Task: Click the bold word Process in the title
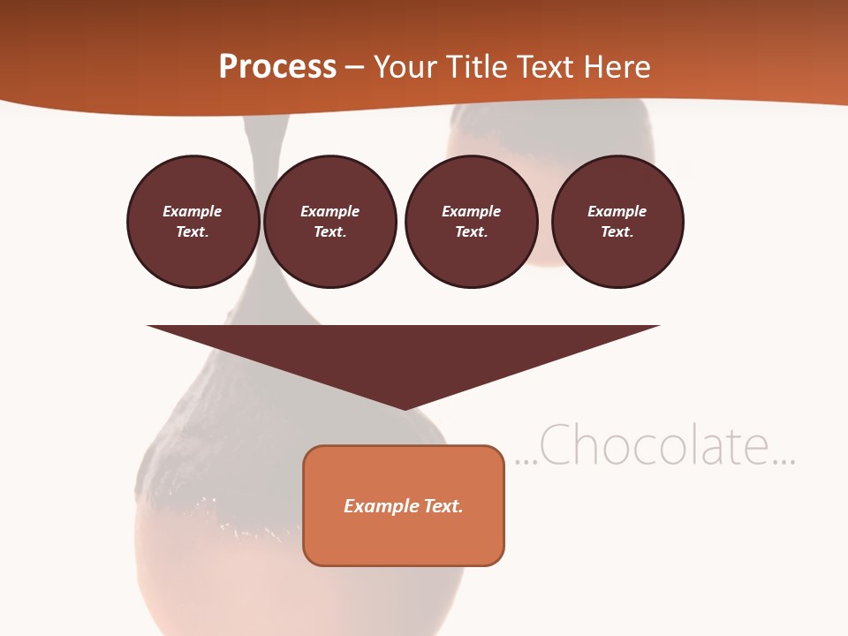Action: coord(277,67)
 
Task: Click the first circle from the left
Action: coord(193,222)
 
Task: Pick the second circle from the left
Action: coord(329,222)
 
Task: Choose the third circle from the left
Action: coord(471,222)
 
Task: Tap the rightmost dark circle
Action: coord(617,222)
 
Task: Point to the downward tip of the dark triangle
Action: coord(404,408)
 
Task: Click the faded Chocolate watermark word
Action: coord(654,445)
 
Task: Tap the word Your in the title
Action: coord(403,67)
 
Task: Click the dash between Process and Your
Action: coord(353,68)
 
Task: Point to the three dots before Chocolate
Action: coord(525,461)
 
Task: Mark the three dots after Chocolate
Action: coord(784,461)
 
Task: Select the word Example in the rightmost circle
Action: coord(617,211)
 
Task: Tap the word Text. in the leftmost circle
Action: coord(193,232)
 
